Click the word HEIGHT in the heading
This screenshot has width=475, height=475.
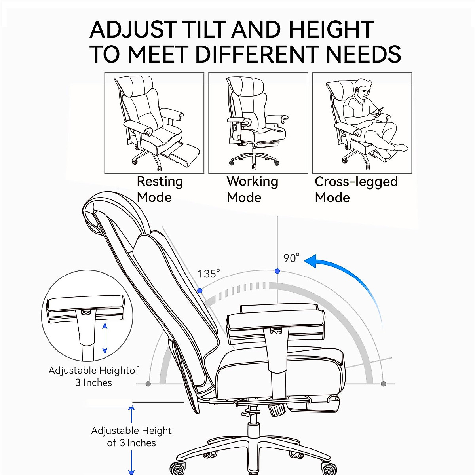(331, 29)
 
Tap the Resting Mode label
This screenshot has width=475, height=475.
(160, 189)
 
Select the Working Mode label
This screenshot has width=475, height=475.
(252, 189)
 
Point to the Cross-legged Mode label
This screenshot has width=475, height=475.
(356, 189)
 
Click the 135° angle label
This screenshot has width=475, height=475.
(209, 274)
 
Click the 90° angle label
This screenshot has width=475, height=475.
(291, 258)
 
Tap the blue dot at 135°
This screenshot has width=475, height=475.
(200, 291)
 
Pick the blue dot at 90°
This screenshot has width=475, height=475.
(277, 271)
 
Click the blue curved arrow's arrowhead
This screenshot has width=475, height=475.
(311, 261)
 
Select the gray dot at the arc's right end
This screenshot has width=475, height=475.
(383, 384)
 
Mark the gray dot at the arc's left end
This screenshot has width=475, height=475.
(148, 384)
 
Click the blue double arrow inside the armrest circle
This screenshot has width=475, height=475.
(105, 338)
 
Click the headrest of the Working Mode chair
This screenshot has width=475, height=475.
(245, 85)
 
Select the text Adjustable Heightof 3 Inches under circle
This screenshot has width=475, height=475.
(94, 376)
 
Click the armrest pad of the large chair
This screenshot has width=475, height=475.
(276, 320)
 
